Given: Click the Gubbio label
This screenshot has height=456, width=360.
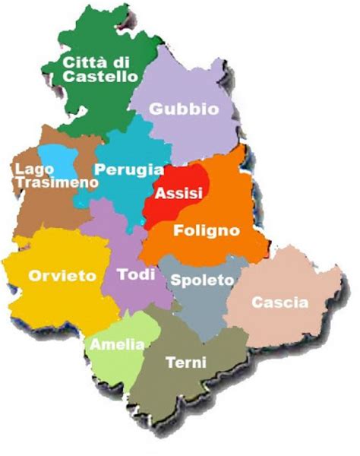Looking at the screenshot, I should pos(184,109).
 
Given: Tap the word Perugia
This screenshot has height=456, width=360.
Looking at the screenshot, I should pos(128,169).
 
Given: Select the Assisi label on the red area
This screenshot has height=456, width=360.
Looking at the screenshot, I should pos(178,193).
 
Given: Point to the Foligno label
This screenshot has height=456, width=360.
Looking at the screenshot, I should pos(207,230).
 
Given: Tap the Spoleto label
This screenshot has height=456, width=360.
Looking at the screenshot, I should pos(201,280).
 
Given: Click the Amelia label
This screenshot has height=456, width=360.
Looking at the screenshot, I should pos(117,344).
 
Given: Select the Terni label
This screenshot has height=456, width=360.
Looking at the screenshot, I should pos(185,363).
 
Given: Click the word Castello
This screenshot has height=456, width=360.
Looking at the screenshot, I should pos(101,76).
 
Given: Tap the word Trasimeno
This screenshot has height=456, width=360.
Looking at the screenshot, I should pos(55,182).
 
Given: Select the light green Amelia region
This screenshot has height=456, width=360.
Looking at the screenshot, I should pos(114,365).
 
